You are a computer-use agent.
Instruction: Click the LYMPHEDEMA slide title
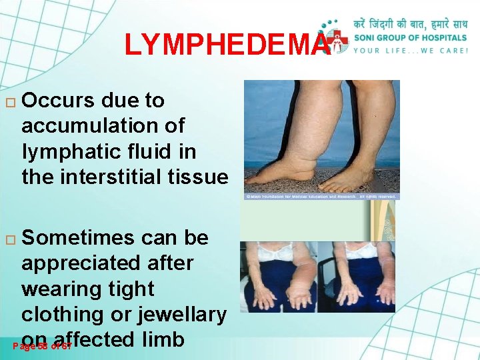(x=227, y=45)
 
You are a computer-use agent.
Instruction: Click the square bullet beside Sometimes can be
(x=9, y=239)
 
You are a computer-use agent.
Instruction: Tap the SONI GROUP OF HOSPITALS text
(x=411, y=37)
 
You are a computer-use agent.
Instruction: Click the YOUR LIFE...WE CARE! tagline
(x=411, y=49)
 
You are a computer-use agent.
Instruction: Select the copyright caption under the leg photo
(x=321, y=197)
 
